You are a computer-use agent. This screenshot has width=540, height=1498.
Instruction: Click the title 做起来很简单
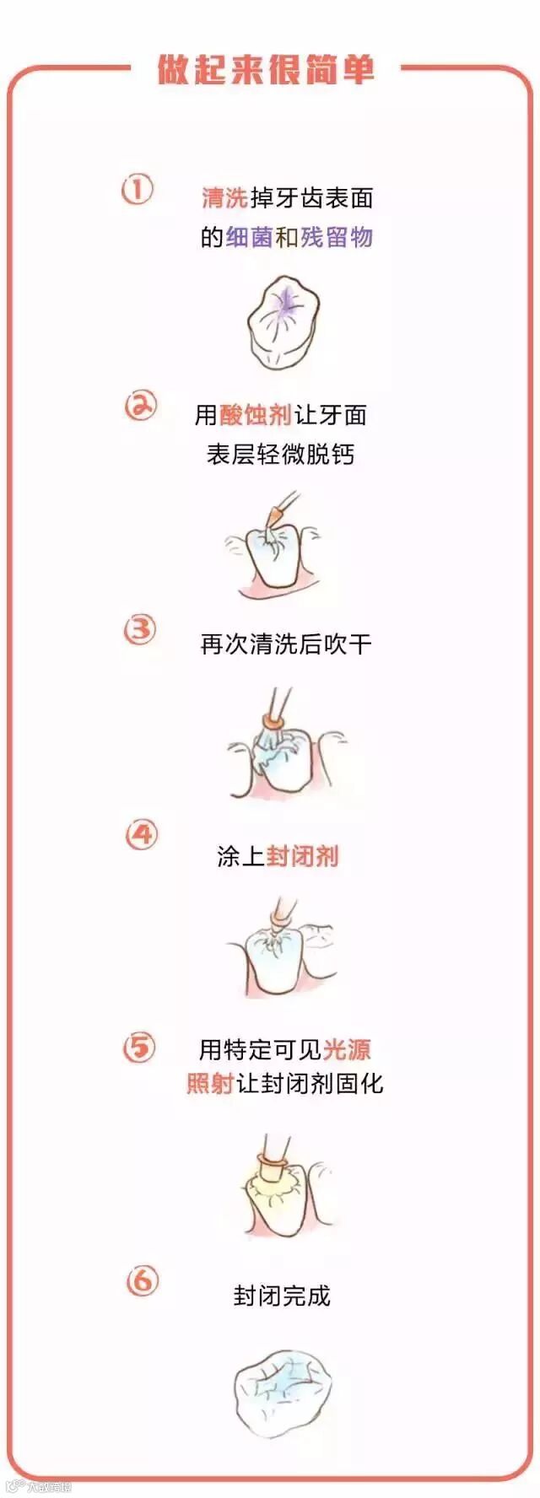point(266,69)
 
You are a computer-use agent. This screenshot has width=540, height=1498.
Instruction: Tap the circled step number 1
point(138,190)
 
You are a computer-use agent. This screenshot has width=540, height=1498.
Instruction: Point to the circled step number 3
point(140,629)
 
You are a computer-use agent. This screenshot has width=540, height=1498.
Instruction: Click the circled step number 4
point(141,836)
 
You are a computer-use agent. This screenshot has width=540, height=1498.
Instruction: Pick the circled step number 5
point(139,1048)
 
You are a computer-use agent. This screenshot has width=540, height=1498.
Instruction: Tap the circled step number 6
point(141,1281)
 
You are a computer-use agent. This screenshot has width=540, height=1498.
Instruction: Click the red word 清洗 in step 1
point(224,197)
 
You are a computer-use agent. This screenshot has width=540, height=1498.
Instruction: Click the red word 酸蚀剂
point(256,414)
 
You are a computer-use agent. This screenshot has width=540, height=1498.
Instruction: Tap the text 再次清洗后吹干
point(286,644)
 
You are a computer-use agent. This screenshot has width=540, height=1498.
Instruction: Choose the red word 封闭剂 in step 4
point(303,856)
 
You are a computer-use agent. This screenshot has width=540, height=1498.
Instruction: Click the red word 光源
point(347,1049)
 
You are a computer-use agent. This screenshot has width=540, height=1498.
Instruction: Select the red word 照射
point(210,1083)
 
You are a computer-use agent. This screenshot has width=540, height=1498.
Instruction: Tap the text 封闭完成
point(282,1296)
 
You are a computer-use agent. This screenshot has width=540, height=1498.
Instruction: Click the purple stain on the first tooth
point(284,304)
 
